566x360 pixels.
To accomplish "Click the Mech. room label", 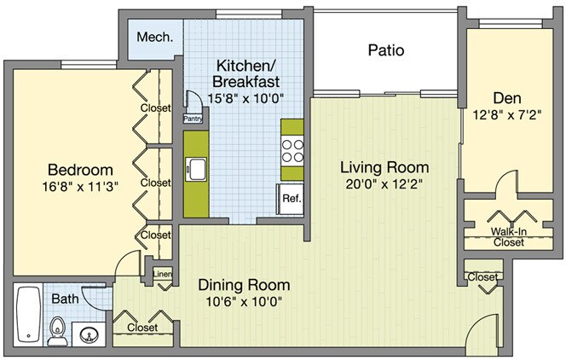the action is point(154,37).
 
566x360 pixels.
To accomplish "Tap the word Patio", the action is point(386,49).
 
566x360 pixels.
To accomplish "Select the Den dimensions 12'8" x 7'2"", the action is point(507,115).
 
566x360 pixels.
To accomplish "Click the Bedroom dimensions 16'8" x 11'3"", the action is point(80,187).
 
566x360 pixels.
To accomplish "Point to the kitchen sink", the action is point(196,170).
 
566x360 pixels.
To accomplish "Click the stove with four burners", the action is point(292,151).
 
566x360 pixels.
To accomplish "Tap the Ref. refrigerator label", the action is point(292,198).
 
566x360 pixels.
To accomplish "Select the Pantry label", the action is point(193,119).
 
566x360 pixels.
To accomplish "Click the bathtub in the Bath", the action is point(28,314).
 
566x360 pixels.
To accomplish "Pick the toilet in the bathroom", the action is point(57,331).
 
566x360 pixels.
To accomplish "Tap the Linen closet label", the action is point(162,274).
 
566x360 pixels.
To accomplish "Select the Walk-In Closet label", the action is point(509,236).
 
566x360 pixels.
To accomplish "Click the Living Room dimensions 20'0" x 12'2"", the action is point(384,184).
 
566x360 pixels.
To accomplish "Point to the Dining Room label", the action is point(244,285).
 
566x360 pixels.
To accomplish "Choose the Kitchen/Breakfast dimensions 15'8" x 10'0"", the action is point(245,98).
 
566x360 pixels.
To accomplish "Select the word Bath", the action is point(65,299).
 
